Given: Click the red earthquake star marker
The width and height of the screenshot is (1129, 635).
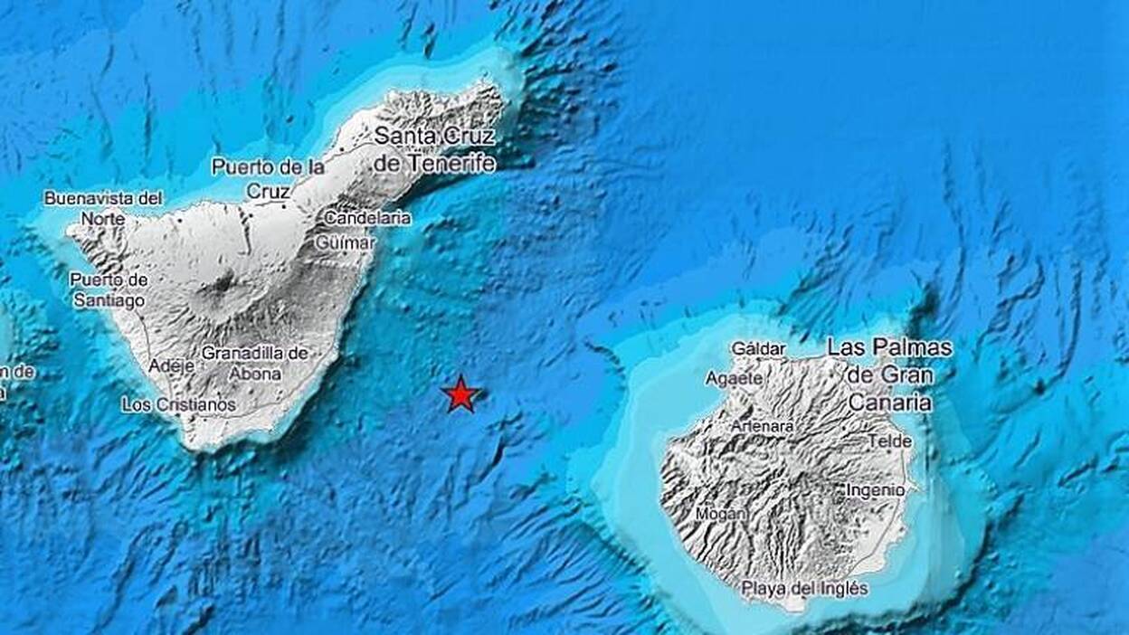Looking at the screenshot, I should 461,394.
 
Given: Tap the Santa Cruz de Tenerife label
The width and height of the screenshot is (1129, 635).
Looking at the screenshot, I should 435,149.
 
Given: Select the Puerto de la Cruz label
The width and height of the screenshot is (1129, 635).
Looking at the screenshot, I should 268,178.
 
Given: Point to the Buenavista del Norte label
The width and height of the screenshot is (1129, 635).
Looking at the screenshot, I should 103,207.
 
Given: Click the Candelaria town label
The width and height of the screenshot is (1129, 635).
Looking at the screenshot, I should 367,218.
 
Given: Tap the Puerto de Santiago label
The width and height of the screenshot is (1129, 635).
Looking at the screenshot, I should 109,289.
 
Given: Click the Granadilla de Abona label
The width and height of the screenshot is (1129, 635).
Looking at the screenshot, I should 254,363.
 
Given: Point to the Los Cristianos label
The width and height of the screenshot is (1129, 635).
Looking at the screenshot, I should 178,404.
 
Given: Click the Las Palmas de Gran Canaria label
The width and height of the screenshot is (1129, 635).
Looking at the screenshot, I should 890,374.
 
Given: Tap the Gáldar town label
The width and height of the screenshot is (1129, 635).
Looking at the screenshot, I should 758,348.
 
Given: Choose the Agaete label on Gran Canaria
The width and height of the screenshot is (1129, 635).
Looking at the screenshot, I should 734,378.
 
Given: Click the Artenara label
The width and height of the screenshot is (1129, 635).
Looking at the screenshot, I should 764,425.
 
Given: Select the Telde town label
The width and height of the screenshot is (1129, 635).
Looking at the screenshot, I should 889,441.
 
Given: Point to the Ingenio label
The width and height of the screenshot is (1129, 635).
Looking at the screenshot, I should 875,489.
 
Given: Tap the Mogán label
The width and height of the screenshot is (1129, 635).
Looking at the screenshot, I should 721,514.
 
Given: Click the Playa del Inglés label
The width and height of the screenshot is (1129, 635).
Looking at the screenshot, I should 804,589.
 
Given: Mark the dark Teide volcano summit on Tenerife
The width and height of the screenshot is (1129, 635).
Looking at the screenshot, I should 221,284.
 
